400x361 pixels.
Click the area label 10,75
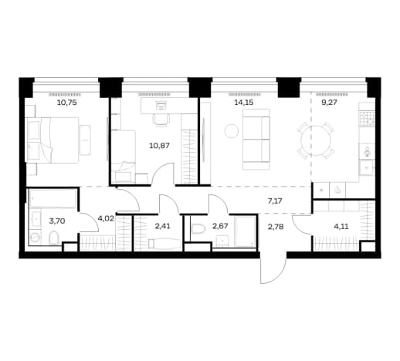click(x=67, y=103)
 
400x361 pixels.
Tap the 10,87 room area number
click(x=159, y=146)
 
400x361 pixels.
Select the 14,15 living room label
click(x=244, y=103)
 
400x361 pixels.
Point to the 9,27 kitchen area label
click(x=329, y=103)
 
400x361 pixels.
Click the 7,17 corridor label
click(x=275, y=201)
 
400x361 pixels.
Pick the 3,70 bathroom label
click(x=57, y=221)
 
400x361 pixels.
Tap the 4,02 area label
click(x=106, y=221)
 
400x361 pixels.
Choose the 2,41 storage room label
click(x=163, y=227)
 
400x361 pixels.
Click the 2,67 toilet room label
click(x=220, y=227)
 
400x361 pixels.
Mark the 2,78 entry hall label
click(x=276, y=227)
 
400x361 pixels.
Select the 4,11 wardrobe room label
click(x=341, y=227)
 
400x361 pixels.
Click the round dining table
click(x=316, y=140)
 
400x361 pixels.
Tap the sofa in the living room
click(x=256, y=140)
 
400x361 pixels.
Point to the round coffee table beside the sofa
click(x=232, y=131)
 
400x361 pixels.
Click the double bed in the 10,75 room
click(x=52, y=140)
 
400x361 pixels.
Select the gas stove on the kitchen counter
click(x=367, y=119)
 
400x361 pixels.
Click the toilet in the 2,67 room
click(x=198, y=228)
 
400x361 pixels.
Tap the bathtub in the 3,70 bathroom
click(x=53, y=199)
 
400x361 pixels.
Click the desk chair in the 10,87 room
click(x=161, y=120)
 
